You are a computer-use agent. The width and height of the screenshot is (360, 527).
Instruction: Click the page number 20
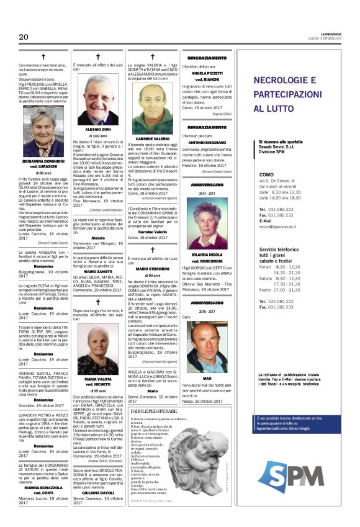tap(24, 38)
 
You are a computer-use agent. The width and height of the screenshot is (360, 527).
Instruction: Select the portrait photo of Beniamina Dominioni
tap(43, 133)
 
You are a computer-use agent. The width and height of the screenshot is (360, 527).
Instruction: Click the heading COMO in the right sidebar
tap(267, 175)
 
